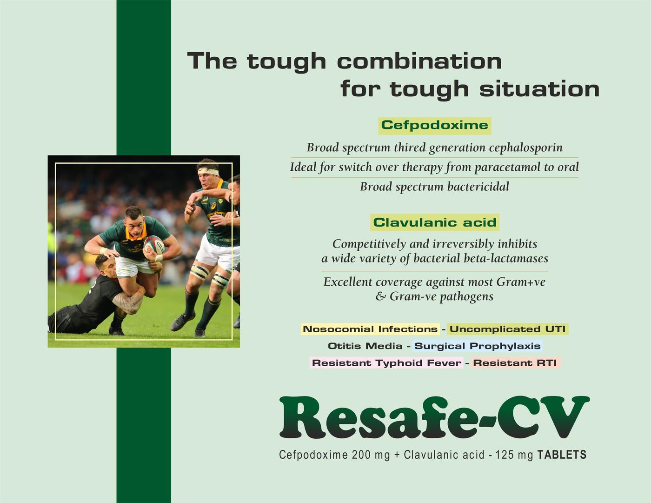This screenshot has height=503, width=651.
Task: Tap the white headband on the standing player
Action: [x=209, y=171]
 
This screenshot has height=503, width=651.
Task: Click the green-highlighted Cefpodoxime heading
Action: [x=434, y=125]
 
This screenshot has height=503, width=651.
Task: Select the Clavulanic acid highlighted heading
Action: [x=435, y=222]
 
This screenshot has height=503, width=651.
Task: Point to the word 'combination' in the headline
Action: [x=419, y=61]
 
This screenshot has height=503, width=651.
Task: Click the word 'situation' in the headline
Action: [x=539, y=89]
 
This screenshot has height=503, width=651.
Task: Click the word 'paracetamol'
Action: [x=508, y=167]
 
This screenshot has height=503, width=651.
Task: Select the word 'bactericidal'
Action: [x=478, y=187]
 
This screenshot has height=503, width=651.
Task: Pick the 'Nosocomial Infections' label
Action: [x=370, y=329]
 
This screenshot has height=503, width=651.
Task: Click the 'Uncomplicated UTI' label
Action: [x=507, y=329]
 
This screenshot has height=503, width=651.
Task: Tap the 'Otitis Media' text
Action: [x=365, y=346]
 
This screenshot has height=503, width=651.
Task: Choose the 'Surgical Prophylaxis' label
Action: [x=477, y=346]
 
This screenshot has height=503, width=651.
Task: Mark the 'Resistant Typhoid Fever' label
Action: [x=386, y=363]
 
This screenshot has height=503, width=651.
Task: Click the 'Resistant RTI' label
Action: [x=515, y=363]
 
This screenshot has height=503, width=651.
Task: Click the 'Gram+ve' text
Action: [x=521, y=282]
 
